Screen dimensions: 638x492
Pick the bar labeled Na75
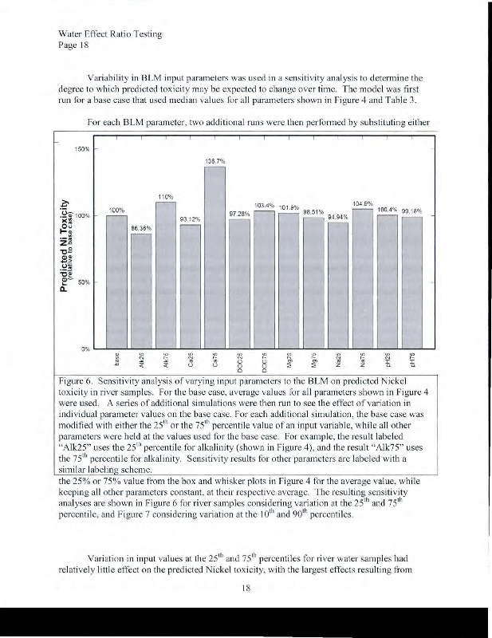pos(363,279)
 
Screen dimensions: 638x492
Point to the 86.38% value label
pos(141,227)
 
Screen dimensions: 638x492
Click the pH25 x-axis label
pos(387,362)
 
